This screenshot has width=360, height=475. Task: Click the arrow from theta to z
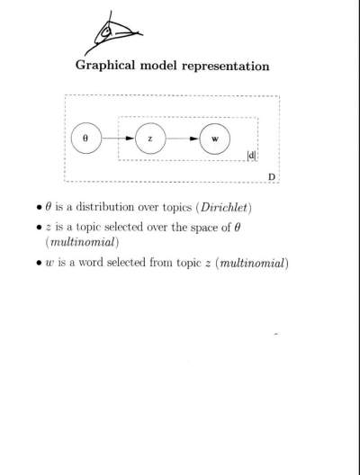coord(118,139)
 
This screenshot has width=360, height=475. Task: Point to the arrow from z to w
coord(183,139)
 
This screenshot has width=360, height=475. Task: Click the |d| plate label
coord(251,156)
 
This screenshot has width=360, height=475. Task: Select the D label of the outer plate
coord(272,176)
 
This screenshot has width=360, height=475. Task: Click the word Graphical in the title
coord(105,66)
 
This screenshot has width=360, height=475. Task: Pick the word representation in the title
coord(226,67)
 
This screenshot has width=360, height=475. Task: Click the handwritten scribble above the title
coord(112,33)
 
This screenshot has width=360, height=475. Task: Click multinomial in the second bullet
coord(83,242)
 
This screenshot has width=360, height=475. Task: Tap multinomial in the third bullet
coord(253,263)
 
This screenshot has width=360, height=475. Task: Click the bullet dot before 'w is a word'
coord(39,263)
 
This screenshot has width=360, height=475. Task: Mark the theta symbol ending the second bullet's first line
coord(238,228)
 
